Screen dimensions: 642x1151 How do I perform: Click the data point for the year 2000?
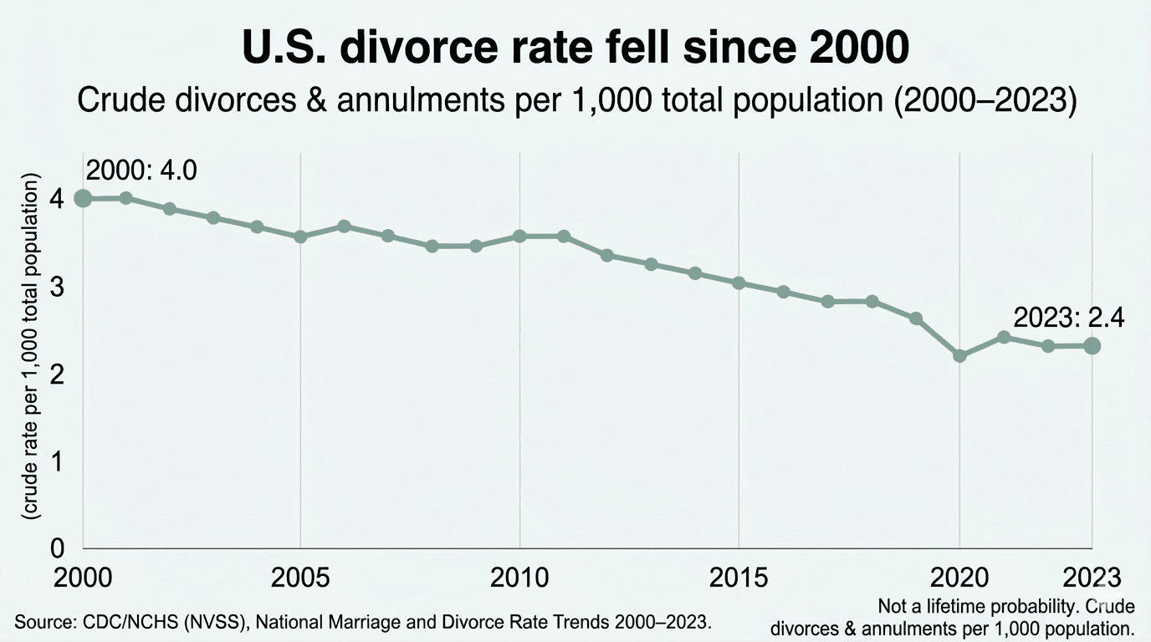pos(83,198)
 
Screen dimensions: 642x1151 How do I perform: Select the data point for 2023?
pos(1092,345)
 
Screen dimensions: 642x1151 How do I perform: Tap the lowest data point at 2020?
pos(959,355)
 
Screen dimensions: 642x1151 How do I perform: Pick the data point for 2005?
pos(300,237)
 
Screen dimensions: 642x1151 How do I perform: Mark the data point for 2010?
pos(519,236)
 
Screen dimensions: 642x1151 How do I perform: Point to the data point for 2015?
pos(739,283)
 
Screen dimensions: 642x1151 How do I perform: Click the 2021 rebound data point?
pos(1004,337)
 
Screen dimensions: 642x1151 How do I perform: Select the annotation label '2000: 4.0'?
pos(141,171)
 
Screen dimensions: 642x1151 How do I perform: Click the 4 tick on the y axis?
pos(57,199)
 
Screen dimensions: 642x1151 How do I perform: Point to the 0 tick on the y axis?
pos(57,548)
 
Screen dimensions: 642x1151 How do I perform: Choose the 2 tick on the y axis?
pos(57,374)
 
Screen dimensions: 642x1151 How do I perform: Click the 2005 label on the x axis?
pos(300,578)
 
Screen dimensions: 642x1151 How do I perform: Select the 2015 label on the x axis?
pos(739,578)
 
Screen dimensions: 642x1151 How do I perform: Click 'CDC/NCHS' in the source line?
pos(121,622)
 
